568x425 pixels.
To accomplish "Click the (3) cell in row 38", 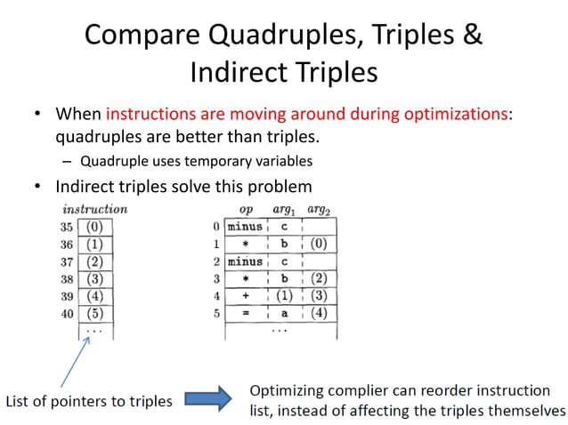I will pos(94,277).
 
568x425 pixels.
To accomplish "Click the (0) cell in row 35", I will pos(94,227).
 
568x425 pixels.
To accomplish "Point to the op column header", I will pos(246,210).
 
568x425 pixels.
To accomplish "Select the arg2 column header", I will pos(318,210).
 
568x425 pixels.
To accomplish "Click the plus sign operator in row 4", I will pos(245,294).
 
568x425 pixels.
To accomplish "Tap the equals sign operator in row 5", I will pos(245,312).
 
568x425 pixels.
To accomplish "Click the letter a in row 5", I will pos(284,312).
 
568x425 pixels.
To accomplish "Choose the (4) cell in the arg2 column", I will pos(318,312).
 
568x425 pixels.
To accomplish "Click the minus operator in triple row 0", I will pos(245,227).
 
